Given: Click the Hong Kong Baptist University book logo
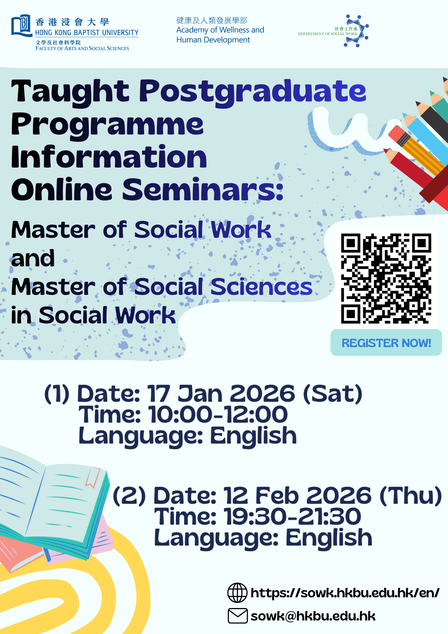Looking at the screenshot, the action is (22, 26).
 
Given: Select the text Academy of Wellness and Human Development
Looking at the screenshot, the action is (220, 35).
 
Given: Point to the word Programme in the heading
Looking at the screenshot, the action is (107, 125).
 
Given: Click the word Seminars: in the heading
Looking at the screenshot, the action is (203, 189).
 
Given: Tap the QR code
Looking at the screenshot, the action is (386, 278).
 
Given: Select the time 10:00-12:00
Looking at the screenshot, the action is (218, 414).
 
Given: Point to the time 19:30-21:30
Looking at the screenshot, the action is (292, 517).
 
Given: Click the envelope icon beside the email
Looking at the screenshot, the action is (238, 616).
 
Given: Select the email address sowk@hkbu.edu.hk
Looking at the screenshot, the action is (313, 616).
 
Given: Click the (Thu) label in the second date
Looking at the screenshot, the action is (411, 496).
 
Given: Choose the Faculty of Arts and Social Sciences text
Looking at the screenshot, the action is (82, 48).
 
